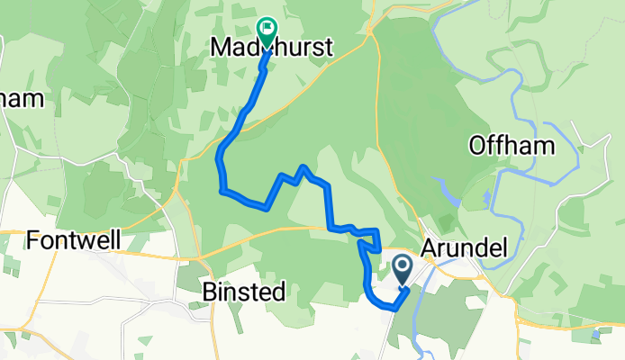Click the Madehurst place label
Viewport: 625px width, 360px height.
click(272, 48)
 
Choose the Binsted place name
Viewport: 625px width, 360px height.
click(243, 292)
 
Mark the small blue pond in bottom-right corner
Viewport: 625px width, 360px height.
click(595, 336)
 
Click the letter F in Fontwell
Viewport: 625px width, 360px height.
click(33, 240)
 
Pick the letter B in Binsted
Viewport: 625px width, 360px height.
click(208, 292)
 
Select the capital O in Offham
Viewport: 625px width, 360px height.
click(479, 146)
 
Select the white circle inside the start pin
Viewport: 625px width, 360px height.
click(402, 265)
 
